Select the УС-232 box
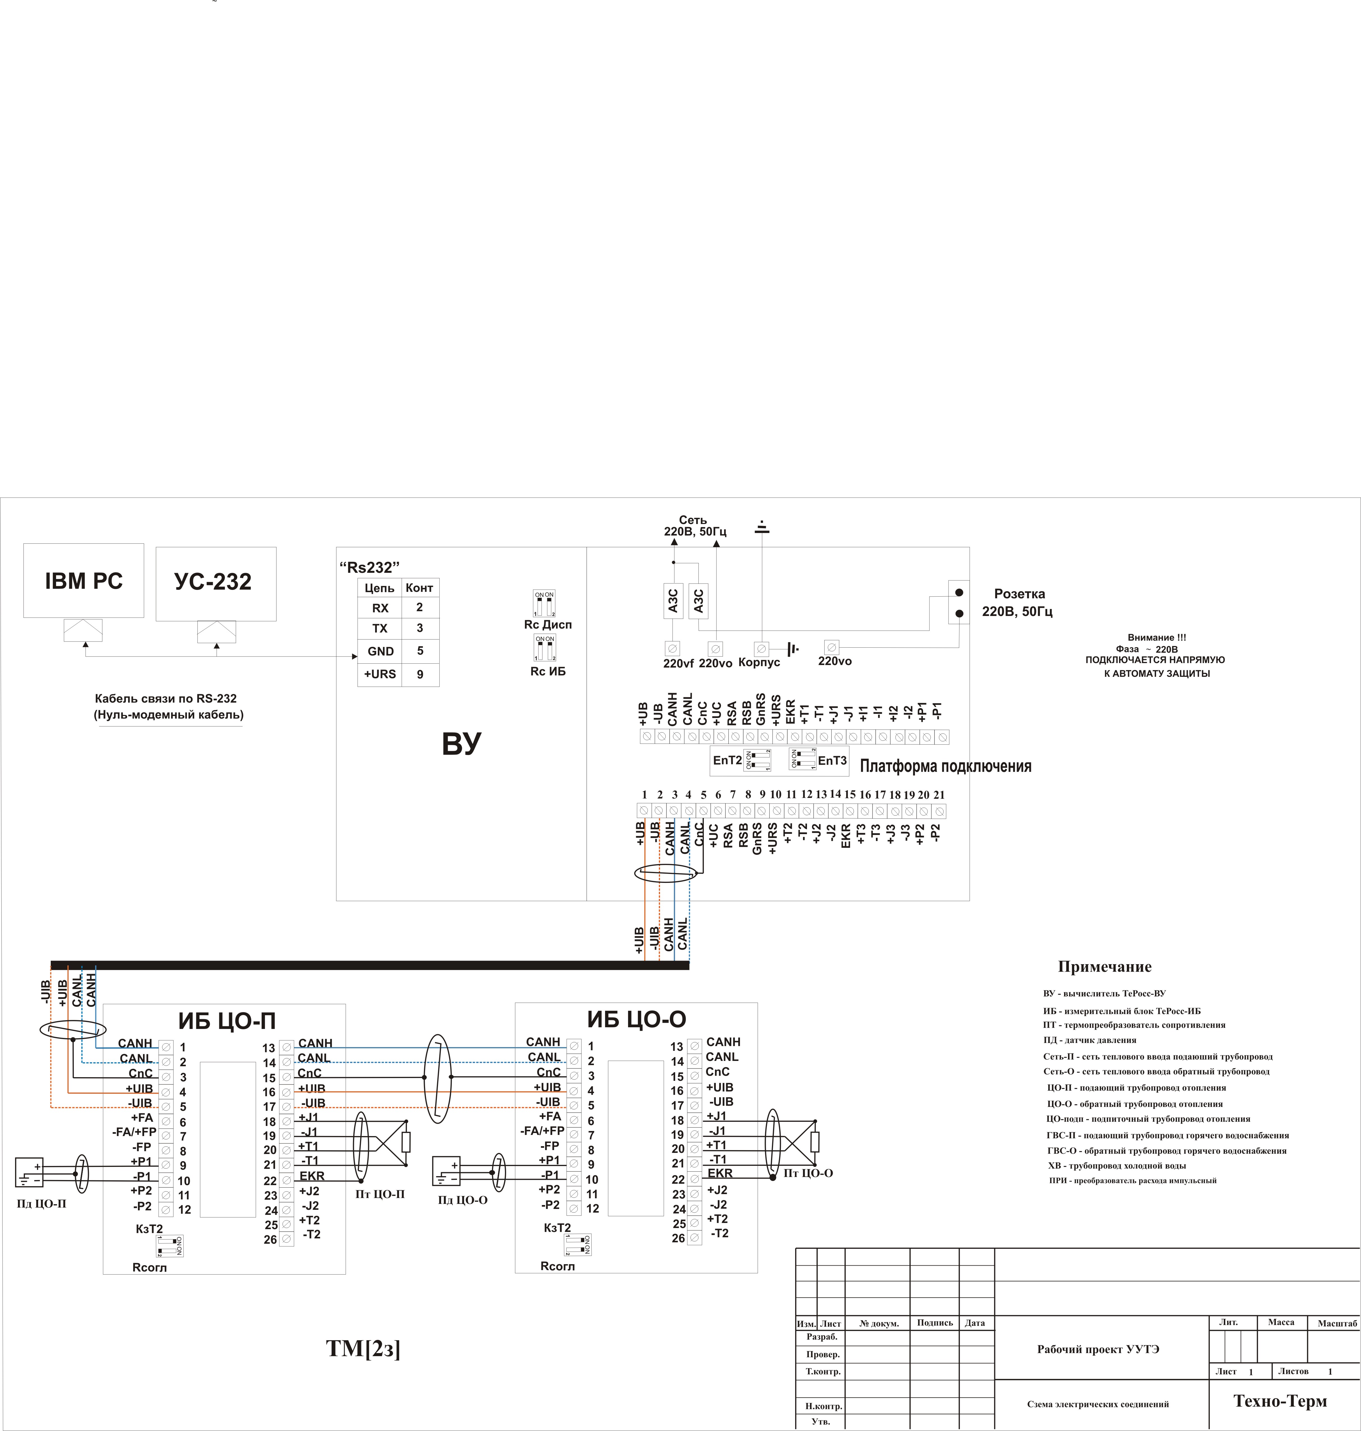click(215, 584)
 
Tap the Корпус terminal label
click(759, 662)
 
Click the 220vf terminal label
click(678, 663)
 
